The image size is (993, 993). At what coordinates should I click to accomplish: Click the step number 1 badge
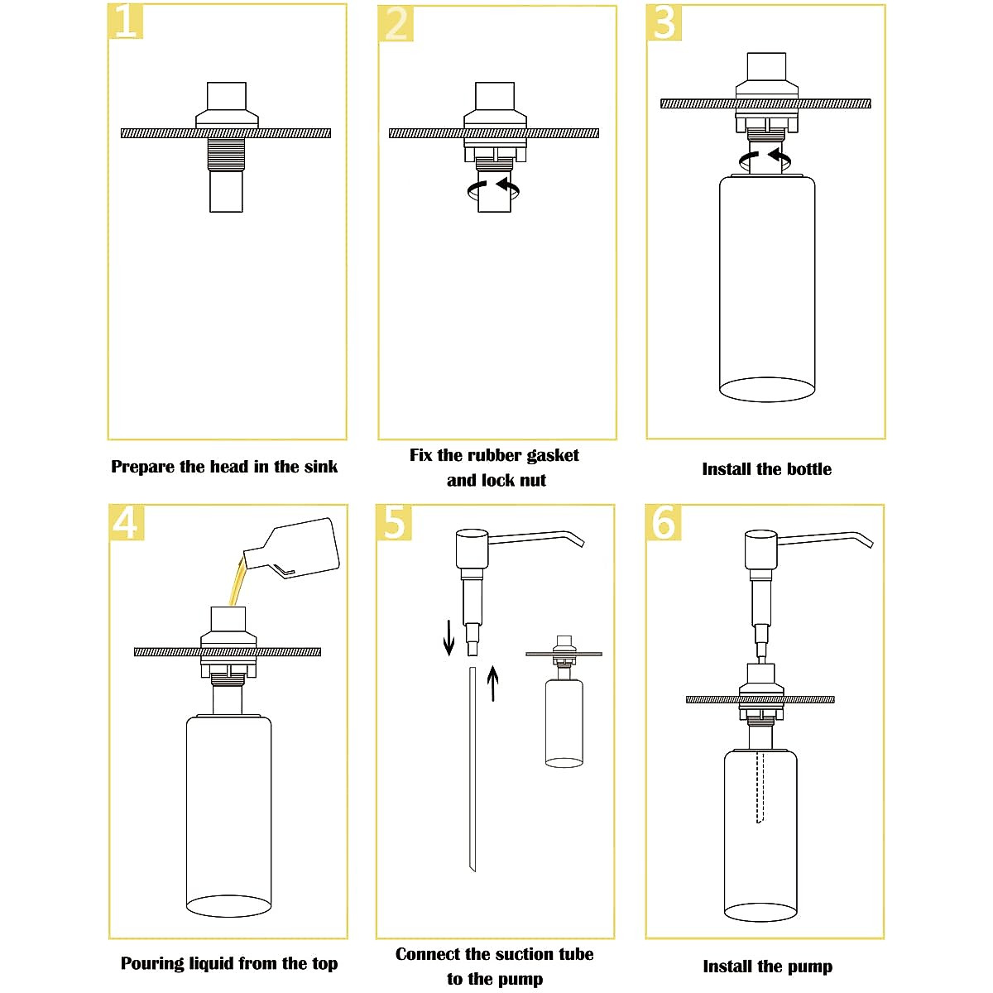[126, 21]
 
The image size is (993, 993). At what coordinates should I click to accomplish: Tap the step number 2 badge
[396, 24]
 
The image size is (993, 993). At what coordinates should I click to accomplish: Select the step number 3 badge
[664, 22]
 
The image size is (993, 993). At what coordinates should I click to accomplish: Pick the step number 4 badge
[127, 522]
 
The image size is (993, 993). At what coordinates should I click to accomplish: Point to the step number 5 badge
[394, 522]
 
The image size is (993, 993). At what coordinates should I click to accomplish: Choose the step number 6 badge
[664, 522]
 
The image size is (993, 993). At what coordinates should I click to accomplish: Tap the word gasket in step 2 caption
[546, 455]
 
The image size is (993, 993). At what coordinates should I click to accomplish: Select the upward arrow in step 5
[493, 683]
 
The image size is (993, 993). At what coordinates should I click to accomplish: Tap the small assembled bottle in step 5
[564, 720]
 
